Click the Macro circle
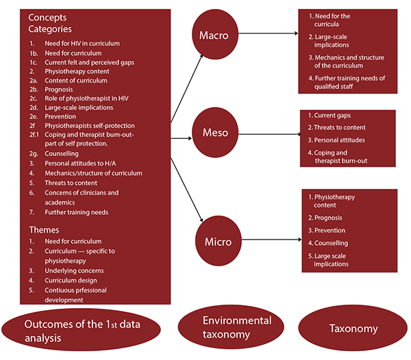(x=215, y=34)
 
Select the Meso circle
(x=215, y=133)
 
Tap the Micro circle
(x=219, y=241)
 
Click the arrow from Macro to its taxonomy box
(x=268, y=34)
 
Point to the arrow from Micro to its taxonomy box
(x=271, y=240)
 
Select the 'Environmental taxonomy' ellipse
(x=231, y=326)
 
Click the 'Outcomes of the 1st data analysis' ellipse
(x=81, y=330)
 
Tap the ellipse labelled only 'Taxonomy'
(x=353, y=328)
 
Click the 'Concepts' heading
(x=47, y=18)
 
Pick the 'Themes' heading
(x=44, y=230)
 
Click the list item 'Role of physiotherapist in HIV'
(x=86, y=99)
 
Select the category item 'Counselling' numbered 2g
(x=62, y=154)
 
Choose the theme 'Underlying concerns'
(x=74, y=271)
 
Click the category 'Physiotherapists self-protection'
(x=90, y=126)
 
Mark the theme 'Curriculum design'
(x=71, y=281)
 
